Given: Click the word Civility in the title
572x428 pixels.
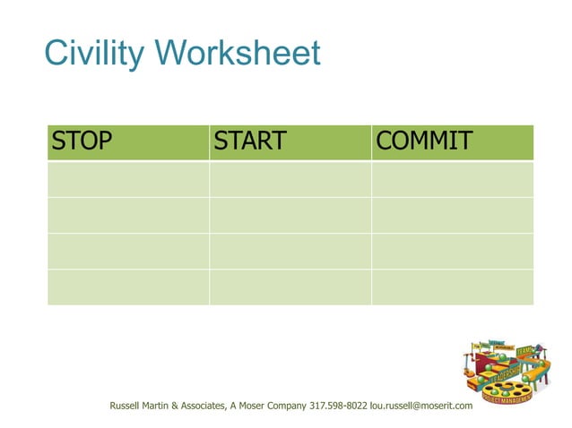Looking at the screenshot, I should pyautogui.click(x=94, y=54).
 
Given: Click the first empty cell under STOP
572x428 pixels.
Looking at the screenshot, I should pyautogui.click(x=128, y=179).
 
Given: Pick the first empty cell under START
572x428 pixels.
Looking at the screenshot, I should pyautogui.click(x=290, y=179).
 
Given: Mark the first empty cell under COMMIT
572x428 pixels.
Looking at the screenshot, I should pyautogui.click(x=452, y=179).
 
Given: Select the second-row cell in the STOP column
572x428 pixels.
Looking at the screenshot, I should pyautogui.click(x=128, y=215).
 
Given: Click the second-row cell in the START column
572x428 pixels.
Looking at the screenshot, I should pyautogui.click(x=290, y=215).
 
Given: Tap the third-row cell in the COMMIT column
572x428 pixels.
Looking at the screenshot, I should pyautogui.click(x=452, y=251).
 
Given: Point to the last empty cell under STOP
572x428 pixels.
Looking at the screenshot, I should pyautogui.click(x=128, y=287).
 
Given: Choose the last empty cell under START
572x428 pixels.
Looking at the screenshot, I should pyautogui.click(x=290, y=287).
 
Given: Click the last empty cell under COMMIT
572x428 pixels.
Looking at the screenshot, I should pyautogui.click(x=452, y=287).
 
